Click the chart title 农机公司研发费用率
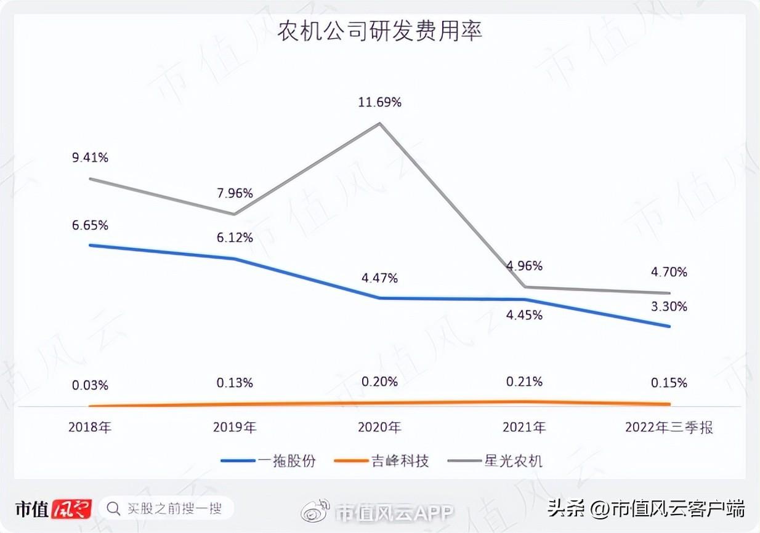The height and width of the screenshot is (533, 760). tap(379, 31)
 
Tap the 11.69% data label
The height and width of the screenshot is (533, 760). tap(379, 102)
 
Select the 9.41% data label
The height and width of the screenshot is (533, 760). tap(90, 158)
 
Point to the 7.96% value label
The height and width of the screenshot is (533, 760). tap(235, 193)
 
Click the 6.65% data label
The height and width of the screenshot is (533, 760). tap(90, 225)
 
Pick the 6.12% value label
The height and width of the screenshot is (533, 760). tap(235, 238)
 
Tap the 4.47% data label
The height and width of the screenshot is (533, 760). tap(379, 278)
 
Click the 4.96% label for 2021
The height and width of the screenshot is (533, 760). tap(524, 266)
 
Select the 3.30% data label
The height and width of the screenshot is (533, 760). tap(669, 307)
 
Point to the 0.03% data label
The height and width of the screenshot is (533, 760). tap(90, 385)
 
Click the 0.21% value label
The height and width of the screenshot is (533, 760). tap(524, 382)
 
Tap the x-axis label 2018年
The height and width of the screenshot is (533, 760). tap(90, 427)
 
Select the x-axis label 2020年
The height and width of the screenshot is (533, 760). tap(379, 427)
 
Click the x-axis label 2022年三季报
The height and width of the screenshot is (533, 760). tap(669, 427)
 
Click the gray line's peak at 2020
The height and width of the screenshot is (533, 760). tap(379, 123)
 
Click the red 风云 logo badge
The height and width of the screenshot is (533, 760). tap(71, 509)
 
